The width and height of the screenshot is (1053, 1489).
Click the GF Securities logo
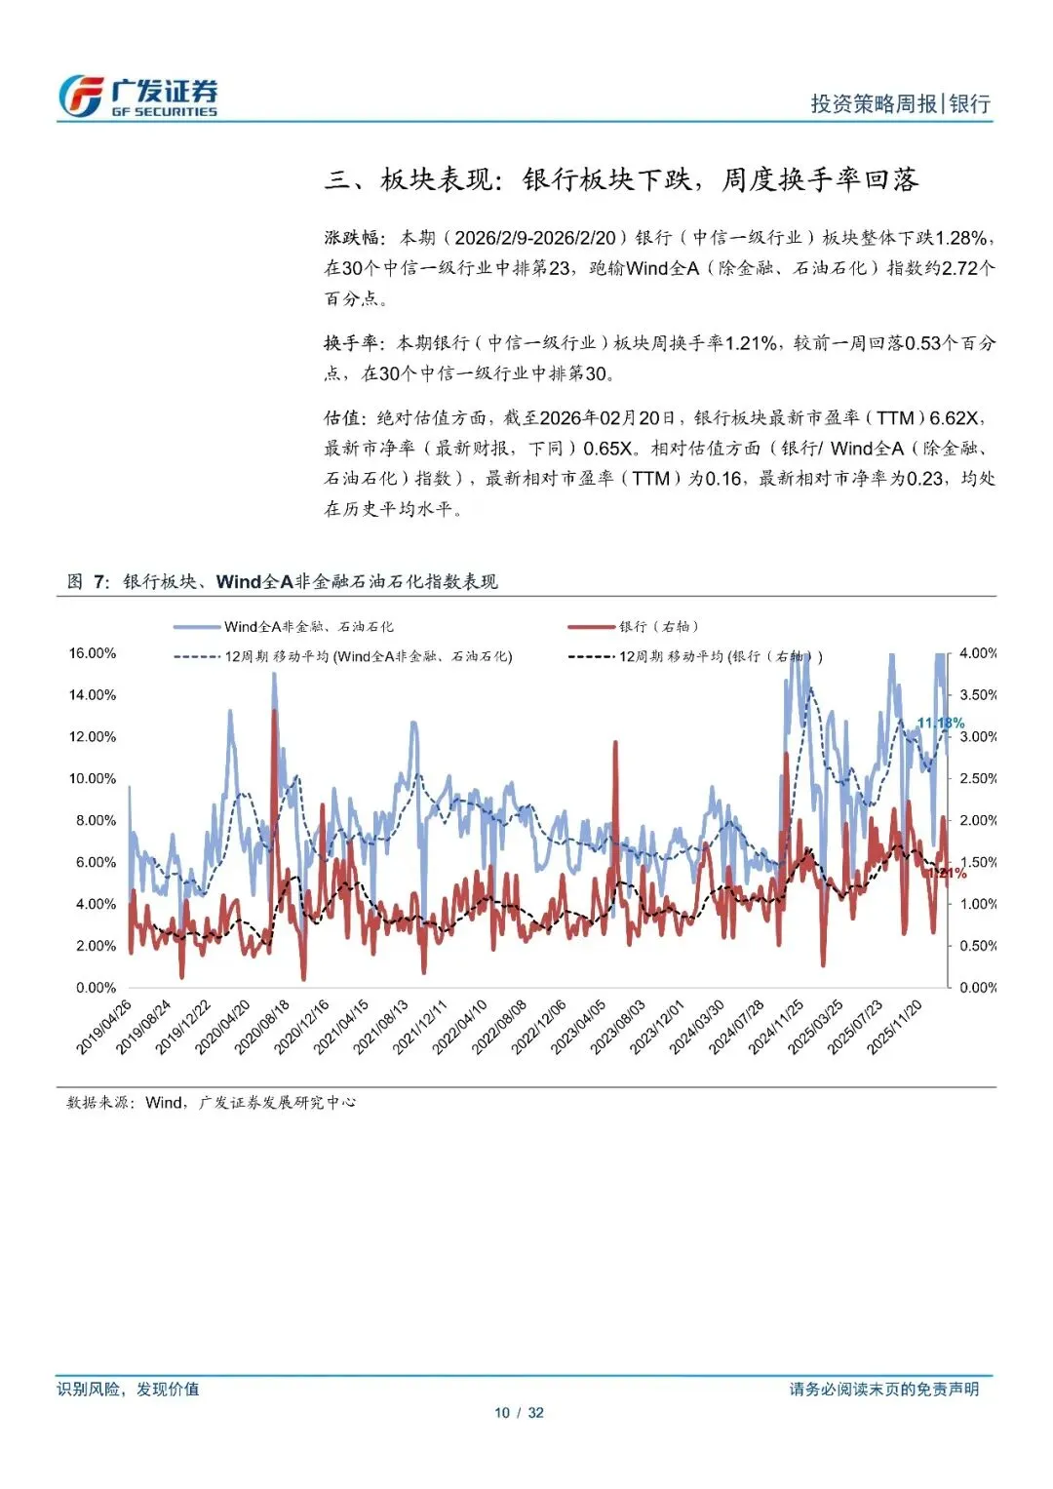(137, 97)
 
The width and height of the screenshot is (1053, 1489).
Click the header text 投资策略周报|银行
(900, 103)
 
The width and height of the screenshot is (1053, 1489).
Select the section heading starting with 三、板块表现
(621, 179)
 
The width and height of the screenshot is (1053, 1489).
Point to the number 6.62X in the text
(953, 418)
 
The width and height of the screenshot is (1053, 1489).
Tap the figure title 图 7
(88, 582)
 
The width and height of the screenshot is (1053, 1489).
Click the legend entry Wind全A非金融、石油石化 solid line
(283, 627)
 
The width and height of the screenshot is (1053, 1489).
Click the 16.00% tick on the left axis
(92, 653)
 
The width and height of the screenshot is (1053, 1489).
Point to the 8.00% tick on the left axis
(96, 821)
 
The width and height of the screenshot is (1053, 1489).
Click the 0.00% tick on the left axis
(96, 988)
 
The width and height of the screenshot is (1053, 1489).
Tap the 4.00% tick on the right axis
(977, 653)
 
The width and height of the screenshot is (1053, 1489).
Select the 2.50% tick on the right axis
(977, 779)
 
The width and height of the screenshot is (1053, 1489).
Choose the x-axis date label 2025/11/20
(895, 1026)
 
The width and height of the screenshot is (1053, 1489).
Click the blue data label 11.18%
(940, 724)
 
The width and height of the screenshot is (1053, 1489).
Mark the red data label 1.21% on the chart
(950, 873)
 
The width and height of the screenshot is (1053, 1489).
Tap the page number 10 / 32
(519, 1413)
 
